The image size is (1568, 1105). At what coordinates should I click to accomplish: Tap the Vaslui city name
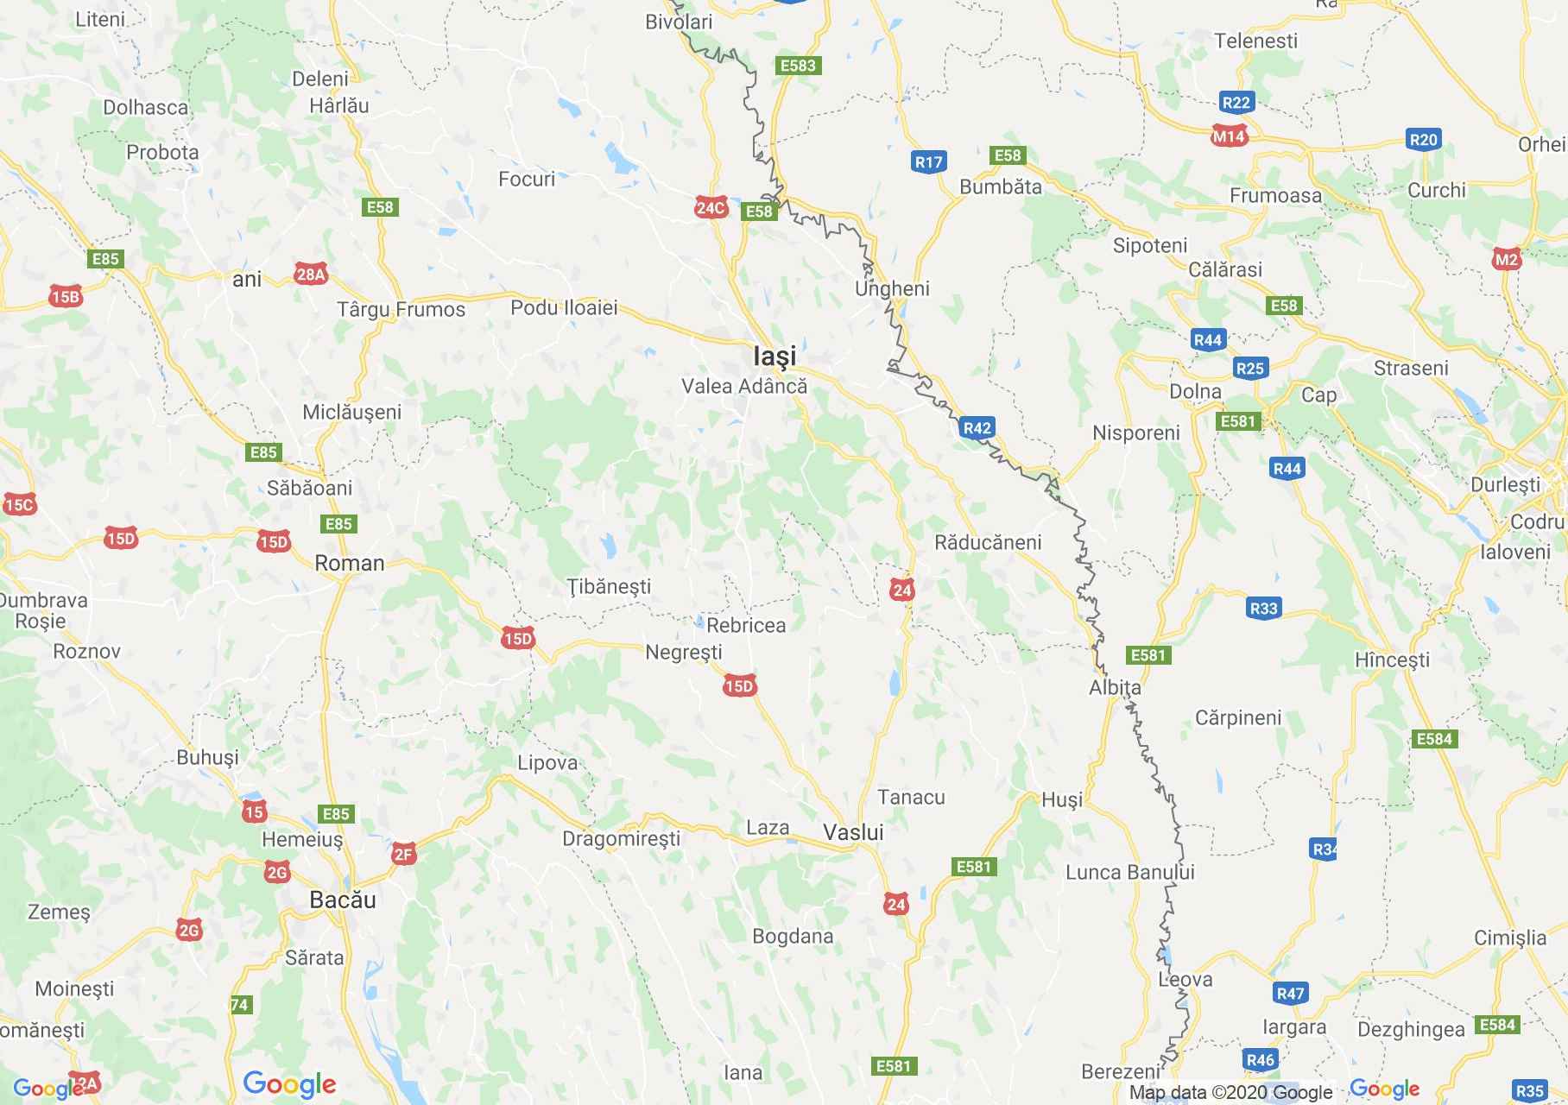click(x=853, y=832)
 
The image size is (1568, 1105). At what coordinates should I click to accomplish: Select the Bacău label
click(x=343, y=900)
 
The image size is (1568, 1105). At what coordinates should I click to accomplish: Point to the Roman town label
click(x=350, y=563)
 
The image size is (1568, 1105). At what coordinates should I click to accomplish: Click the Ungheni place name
click(x=892, y=288)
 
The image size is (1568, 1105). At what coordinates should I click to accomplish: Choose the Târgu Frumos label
click(x=401, y=309)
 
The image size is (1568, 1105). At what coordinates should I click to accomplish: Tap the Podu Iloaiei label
click(x=564, y=307)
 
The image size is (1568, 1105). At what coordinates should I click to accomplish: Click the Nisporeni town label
click(x=1135, y=433)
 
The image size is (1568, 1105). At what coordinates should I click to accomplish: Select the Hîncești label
click(x=1392, y=660)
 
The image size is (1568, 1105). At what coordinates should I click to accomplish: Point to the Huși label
click(x=1062, y=799)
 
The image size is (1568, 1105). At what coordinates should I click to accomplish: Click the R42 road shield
click(x=977, y=427)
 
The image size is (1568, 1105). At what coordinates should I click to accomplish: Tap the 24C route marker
click(x=711, y=207)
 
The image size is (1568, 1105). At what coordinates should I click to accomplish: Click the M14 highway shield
click(x=1229, y=136)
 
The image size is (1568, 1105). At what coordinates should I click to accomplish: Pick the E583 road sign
click(x=797, y=66)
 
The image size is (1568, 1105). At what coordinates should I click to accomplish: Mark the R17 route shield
click(x=929, y=161)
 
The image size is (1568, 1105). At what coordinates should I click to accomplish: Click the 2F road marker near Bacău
click(x=403, y=854)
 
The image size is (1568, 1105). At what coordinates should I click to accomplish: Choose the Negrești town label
click(x=684, y=652)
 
